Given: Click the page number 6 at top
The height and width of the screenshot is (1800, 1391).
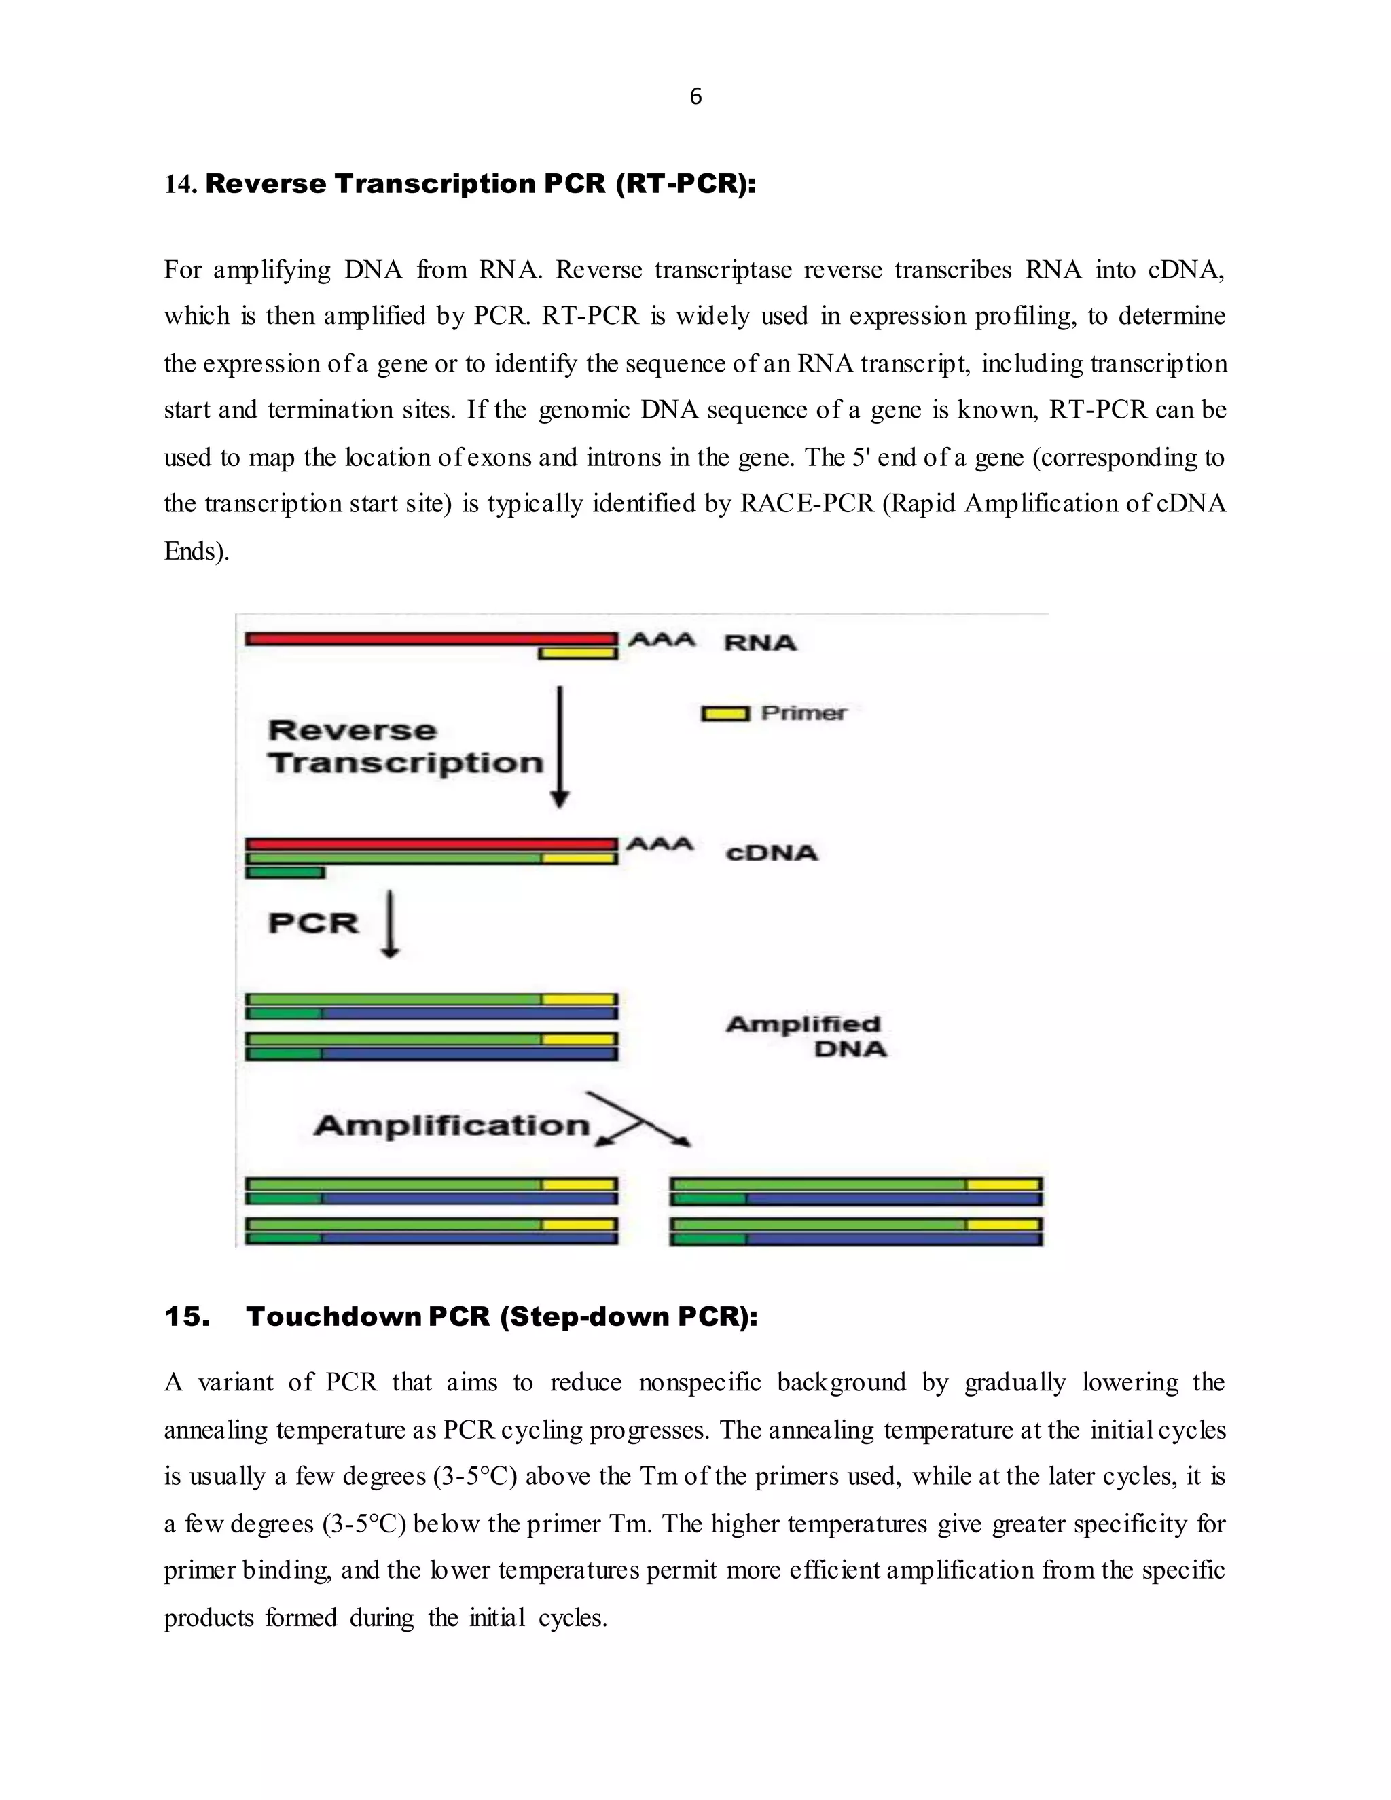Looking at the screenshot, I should pyautogui.click(x=695, y=97).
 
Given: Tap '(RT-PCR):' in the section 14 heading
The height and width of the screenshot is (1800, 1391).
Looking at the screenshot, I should pyautogui.click(x=685, y=184).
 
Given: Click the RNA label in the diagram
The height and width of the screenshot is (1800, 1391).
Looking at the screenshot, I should pyautogui.click(x=760, y=643).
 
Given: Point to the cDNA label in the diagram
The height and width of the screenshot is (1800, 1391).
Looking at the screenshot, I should pyautogui.click(x=772, y=852).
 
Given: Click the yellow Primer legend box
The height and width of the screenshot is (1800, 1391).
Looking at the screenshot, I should pyautogui.click(x=725, y=714).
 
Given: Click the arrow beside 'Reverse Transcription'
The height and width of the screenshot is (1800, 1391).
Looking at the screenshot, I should pyautogui.click(x=560, y=746).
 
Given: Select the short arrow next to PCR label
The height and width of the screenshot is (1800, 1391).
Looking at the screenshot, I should pyautogui.click(x=391, y=922).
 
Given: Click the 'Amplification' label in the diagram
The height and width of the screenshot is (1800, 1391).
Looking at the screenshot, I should pyautogui.click(x=452, y=1125).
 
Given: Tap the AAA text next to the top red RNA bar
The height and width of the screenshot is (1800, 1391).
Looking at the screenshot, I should pyautogui.click(x=662, y=640).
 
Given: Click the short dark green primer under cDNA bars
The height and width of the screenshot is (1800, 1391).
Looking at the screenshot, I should pyautogui.click(x=285, y=872).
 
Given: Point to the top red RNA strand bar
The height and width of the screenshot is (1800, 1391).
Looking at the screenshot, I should pyautogui.click(x=430, y=638).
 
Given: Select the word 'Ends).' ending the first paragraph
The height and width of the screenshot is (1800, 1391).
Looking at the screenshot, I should pyautogui.click(x=196, y=551).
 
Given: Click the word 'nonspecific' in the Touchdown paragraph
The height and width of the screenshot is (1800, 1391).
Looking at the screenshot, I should pyautogui.click(x=700, y=1382).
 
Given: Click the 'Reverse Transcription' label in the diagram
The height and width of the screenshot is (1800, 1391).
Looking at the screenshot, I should pyautogui.click(x=405, y=746).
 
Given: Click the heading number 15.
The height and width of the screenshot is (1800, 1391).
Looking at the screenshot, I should pyautogui.click(x=187, y=1316).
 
